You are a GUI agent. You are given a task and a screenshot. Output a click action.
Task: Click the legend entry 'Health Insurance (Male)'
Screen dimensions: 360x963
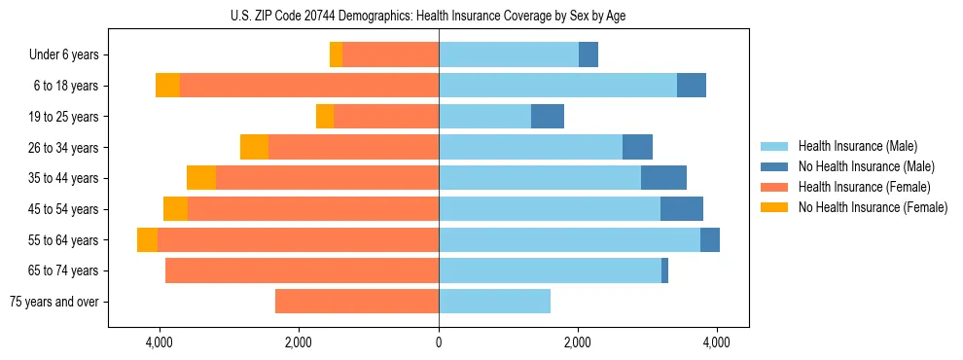857,146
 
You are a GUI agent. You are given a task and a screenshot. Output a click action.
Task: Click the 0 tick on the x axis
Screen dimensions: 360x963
439,342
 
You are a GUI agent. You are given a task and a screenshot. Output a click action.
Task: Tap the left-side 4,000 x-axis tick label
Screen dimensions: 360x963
160,342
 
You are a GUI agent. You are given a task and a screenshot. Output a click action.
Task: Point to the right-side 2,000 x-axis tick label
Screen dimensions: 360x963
578,342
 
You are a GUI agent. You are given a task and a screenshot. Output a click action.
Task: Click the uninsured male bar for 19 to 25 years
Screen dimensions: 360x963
548,117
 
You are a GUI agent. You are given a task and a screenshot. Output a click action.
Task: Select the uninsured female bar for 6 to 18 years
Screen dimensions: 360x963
167,86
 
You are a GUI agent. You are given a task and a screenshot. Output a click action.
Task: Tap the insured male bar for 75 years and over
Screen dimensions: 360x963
494,302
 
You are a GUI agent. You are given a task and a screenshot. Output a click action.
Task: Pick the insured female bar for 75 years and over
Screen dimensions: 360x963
357,302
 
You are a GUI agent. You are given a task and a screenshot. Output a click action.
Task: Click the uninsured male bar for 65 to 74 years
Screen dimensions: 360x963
664,270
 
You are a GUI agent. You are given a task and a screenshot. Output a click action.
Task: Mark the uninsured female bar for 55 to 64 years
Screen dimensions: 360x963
147,240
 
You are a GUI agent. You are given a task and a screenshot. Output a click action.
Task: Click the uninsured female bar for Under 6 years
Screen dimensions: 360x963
336,55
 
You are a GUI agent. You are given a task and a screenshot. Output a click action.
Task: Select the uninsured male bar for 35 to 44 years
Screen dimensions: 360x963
663,178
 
